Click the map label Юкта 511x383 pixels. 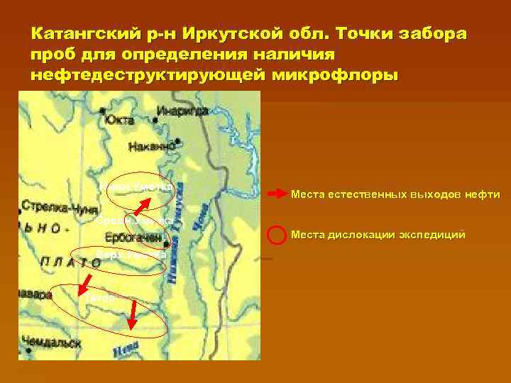tap(118, 120)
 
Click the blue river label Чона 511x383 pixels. tap(200, 210)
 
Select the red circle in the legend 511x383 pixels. tap(275, 234)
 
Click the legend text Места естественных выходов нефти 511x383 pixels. tap(395, 194)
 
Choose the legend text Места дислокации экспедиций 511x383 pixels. tap(378, 234)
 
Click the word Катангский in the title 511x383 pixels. tap(79, 35)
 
